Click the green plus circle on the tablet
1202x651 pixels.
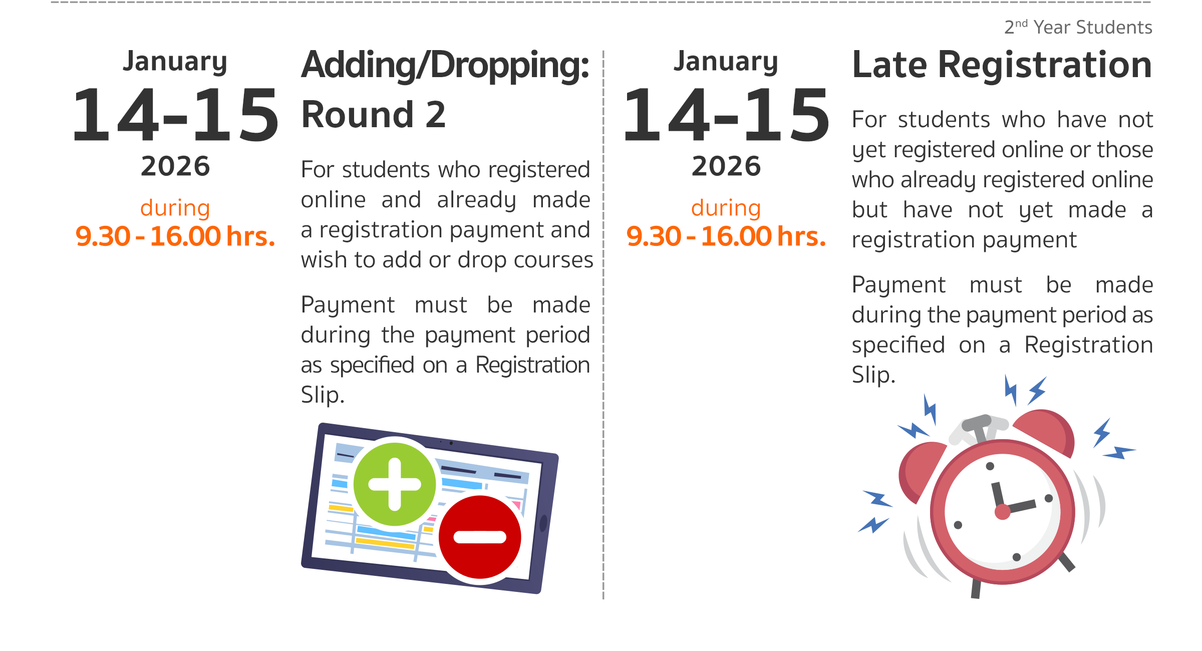tap(395, 484)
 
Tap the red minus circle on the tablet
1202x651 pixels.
tap(480, 537)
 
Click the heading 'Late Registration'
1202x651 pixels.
tap(1002, 65)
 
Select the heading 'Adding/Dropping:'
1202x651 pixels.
tap(445, 66)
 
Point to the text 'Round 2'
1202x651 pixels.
tap(374, 115)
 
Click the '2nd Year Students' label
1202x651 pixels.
tap(1078, 27)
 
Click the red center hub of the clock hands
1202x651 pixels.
tap(1002, 512)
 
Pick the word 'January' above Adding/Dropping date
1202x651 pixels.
tap(175, 62)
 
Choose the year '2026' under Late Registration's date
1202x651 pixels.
tap(726, 166)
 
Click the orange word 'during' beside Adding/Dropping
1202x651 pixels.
tap(175, 208)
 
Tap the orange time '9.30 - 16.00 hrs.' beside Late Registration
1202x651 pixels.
tap(726, 236)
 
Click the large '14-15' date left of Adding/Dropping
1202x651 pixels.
tap(175, 115)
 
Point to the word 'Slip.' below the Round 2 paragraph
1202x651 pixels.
tap(323, 395)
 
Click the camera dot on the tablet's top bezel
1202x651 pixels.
tap(451, 443)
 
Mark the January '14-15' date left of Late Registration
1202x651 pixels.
tap(726, 115)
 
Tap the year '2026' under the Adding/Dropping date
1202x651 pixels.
tap(175, 166)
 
